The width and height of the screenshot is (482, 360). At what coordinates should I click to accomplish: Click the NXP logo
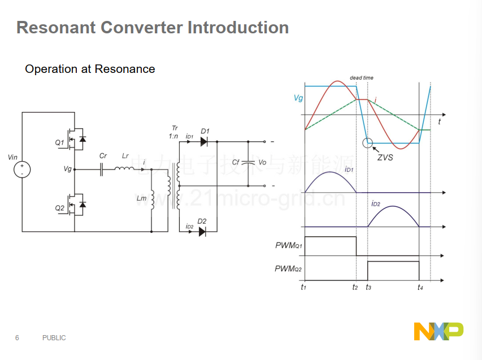click(438, 331)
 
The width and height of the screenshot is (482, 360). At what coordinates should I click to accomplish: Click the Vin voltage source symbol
click(22, 170)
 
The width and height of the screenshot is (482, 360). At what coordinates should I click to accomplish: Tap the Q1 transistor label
click(60, 142)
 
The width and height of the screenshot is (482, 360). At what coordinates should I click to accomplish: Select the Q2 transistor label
click(60, 208)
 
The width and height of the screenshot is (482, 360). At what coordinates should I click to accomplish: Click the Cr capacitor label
click(103, 156)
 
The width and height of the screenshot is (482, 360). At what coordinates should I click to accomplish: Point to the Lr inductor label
click(125, 156)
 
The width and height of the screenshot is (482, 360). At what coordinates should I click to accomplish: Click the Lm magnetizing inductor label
click(141, 198)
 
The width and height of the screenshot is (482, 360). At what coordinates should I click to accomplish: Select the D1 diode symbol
click(203, 142)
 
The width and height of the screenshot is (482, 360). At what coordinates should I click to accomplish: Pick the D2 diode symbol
click(202, 232)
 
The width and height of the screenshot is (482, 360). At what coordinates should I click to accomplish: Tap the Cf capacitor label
click(236, 162)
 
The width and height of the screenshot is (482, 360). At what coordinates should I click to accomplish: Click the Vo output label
click(262, 162)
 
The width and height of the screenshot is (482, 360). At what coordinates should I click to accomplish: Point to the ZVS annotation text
click(385, 158)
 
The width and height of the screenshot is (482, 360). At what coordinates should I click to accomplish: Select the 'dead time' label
click(362, 78)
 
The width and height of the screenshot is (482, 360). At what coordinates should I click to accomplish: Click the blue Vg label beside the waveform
click(298, 98)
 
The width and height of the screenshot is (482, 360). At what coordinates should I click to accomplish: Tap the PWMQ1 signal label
click(289, 245)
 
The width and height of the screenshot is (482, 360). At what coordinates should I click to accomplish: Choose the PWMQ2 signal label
click(288, 268)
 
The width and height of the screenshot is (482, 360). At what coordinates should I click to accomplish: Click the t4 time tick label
click(420, 288)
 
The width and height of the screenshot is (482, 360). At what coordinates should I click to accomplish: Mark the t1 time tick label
click(303, 287)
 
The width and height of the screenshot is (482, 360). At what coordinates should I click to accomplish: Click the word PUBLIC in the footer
click(54, 338)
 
